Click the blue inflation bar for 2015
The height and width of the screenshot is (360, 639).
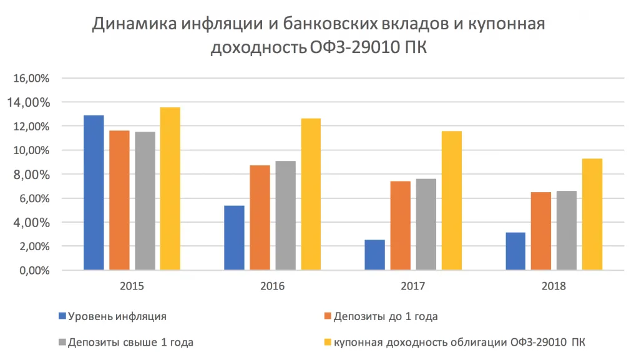coord(94,193)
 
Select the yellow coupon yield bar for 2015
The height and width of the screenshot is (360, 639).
coord(170,189)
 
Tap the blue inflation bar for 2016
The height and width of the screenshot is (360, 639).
coord(235,238)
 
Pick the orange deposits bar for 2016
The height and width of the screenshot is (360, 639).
coord(260,218)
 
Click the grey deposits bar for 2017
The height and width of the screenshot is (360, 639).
coord(426,225)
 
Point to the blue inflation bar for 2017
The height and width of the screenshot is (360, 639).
coord(375,255)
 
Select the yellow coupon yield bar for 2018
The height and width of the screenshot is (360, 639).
coord(592,214)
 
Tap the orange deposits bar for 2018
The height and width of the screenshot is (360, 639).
coord(541,231)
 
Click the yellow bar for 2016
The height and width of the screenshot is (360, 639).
coord(311,194)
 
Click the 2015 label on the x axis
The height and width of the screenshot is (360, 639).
coord(132,286)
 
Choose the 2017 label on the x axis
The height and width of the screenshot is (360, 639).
coord(413,286)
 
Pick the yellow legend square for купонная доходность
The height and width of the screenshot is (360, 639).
coord(326,342)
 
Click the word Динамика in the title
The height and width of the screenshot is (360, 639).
coord(135,25)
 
